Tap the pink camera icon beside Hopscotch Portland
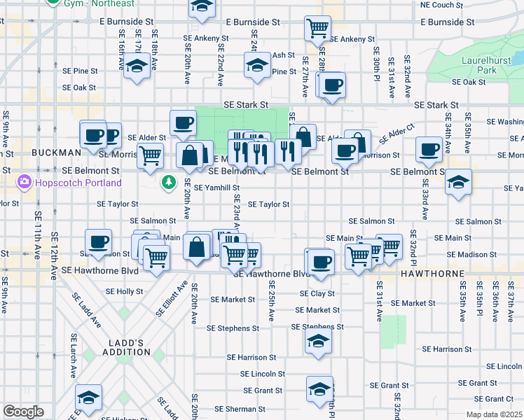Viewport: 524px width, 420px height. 25,183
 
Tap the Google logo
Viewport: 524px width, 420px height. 23,412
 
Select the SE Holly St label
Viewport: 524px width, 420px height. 124,290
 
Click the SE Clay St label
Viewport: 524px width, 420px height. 317,293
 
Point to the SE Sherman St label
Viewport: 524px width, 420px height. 237,409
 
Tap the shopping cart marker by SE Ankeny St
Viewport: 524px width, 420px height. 317,28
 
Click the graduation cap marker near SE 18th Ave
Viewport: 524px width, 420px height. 137,67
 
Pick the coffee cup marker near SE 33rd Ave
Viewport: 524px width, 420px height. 429,148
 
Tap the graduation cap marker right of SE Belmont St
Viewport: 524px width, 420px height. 458,182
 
